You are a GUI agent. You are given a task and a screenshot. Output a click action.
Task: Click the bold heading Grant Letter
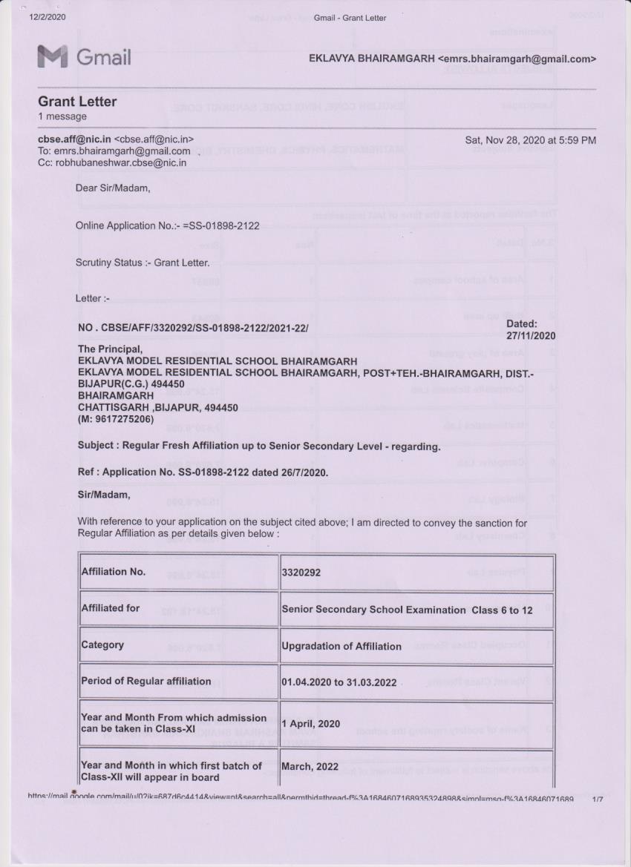click(77, 101)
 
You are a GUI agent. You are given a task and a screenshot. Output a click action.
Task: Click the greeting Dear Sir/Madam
click(113, 188)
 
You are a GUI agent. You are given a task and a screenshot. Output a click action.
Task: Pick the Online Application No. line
click(167, 225)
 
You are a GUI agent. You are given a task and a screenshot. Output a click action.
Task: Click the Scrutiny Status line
click(143, 263)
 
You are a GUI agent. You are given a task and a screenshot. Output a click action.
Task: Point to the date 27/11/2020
click(531, 335)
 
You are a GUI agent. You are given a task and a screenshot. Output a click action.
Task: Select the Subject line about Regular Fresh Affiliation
click(259, 446)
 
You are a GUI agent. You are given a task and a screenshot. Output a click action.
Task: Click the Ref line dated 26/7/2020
click(202, 472)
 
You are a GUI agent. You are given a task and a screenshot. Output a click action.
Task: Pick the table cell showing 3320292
click(301, 573)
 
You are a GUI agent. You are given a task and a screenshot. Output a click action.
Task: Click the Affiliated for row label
click(111, 609)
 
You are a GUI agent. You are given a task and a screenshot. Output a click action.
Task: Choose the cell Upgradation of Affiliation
click(341, 646)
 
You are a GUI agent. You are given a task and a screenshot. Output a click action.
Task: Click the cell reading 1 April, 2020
click(310, 724)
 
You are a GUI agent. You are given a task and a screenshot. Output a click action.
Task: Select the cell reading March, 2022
click(310, 765)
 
